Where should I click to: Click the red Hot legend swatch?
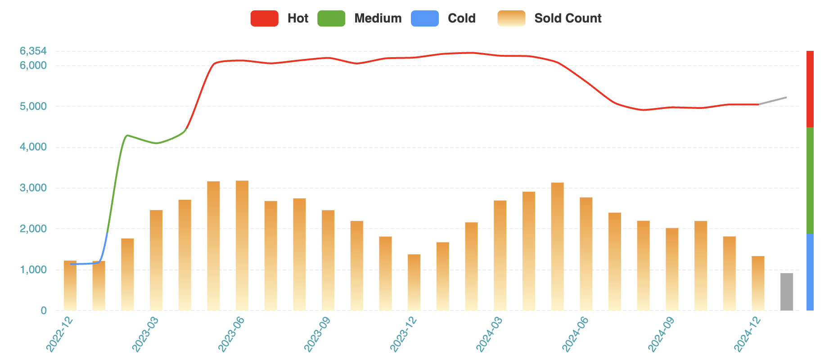(264, 18)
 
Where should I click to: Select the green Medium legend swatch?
(331, 18)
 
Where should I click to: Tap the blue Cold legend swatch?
(424, 18)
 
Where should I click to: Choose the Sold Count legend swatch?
(511, 18)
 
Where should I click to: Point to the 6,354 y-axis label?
(33, 51)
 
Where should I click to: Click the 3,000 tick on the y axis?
(33, 188)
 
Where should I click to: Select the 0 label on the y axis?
(44, 310)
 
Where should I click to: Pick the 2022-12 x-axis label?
(59, 334)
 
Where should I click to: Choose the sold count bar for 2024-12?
(758, 283)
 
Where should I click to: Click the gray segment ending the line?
(773, 101)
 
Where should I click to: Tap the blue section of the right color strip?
(810, 272)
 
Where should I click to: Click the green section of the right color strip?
(810, 180)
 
